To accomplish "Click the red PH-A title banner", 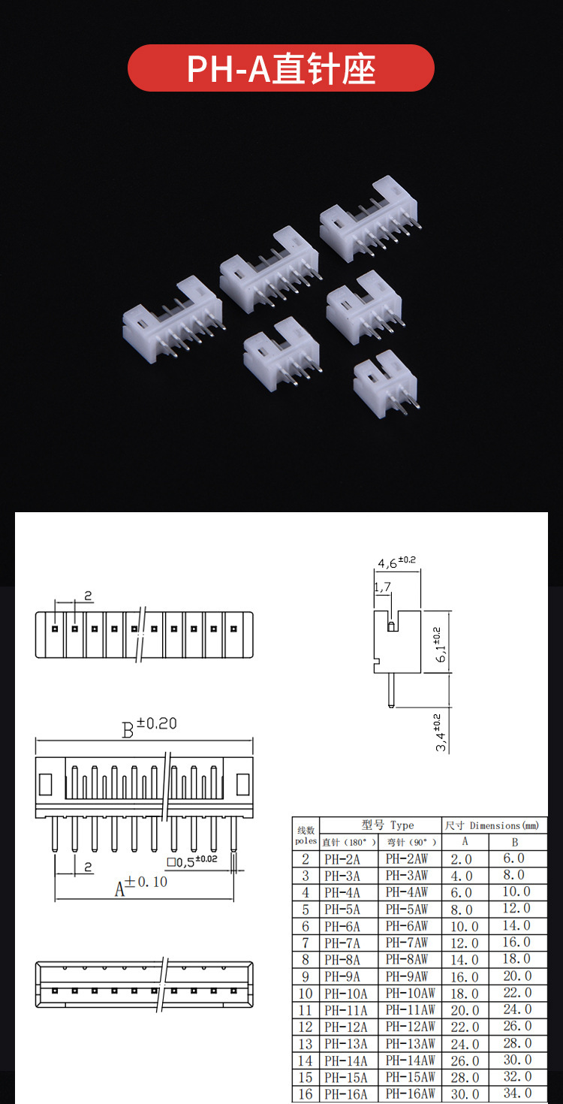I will click(281, 68).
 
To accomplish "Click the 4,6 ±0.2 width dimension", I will click(397, 562).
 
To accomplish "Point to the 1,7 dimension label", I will click(382, 587).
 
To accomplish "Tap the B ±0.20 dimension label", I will click(149, 727).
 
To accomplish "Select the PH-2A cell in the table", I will click(342, 859).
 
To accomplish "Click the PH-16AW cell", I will click(410, 1093).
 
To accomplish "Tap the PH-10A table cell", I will click(346, 993).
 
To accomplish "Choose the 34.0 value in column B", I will click(516, 1093).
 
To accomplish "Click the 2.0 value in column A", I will click(462, 859).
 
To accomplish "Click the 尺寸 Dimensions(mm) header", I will click(492, 825).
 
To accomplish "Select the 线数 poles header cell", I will click(306, 834).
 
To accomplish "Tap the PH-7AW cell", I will click(408, 943).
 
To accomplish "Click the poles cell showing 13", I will click(306, 1043).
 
